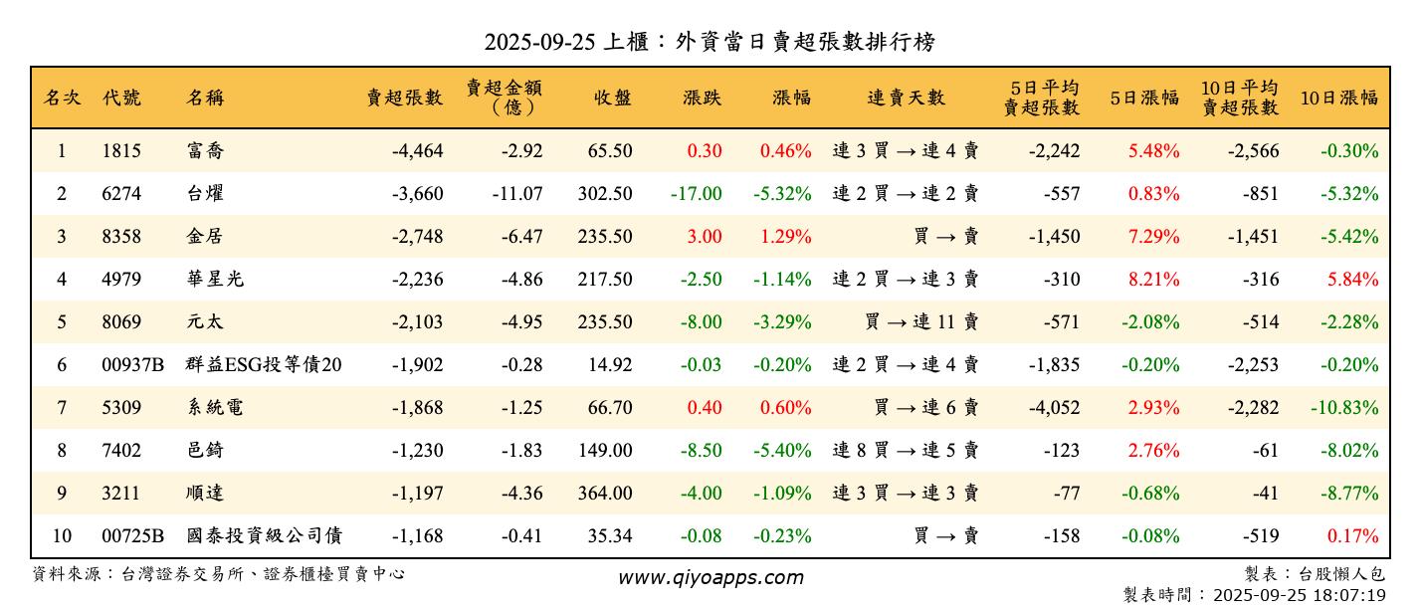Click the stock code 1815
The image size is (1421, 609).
[121, 151]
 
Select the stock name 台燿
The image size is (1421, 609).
[204, 194]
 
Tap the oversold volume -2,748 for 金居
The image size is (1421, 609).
[417, 237]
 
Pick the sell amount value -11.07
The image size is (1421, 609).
[516, 194]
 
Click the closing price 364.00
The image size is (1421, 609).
[604, 494]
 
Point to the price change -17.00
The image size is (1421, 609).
[696, 194]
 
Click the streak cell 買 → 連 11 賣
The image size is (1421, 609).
[921, 322]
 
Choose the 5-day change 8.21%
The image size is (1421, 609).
[1153, 280]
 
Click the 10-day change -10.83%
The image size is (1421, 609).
[1348, 408]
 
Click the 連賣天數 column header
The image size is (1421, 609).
[906, 98]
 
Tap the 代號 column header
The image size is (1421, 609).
[121, 98]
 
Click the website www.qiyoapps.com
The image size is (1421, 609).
[710, 577]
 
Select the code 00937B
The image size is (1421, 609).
[132, 365]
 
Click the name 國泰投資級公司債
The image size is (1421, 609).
[264, 536]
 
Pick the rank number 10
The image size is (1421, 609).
[62, 536]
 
